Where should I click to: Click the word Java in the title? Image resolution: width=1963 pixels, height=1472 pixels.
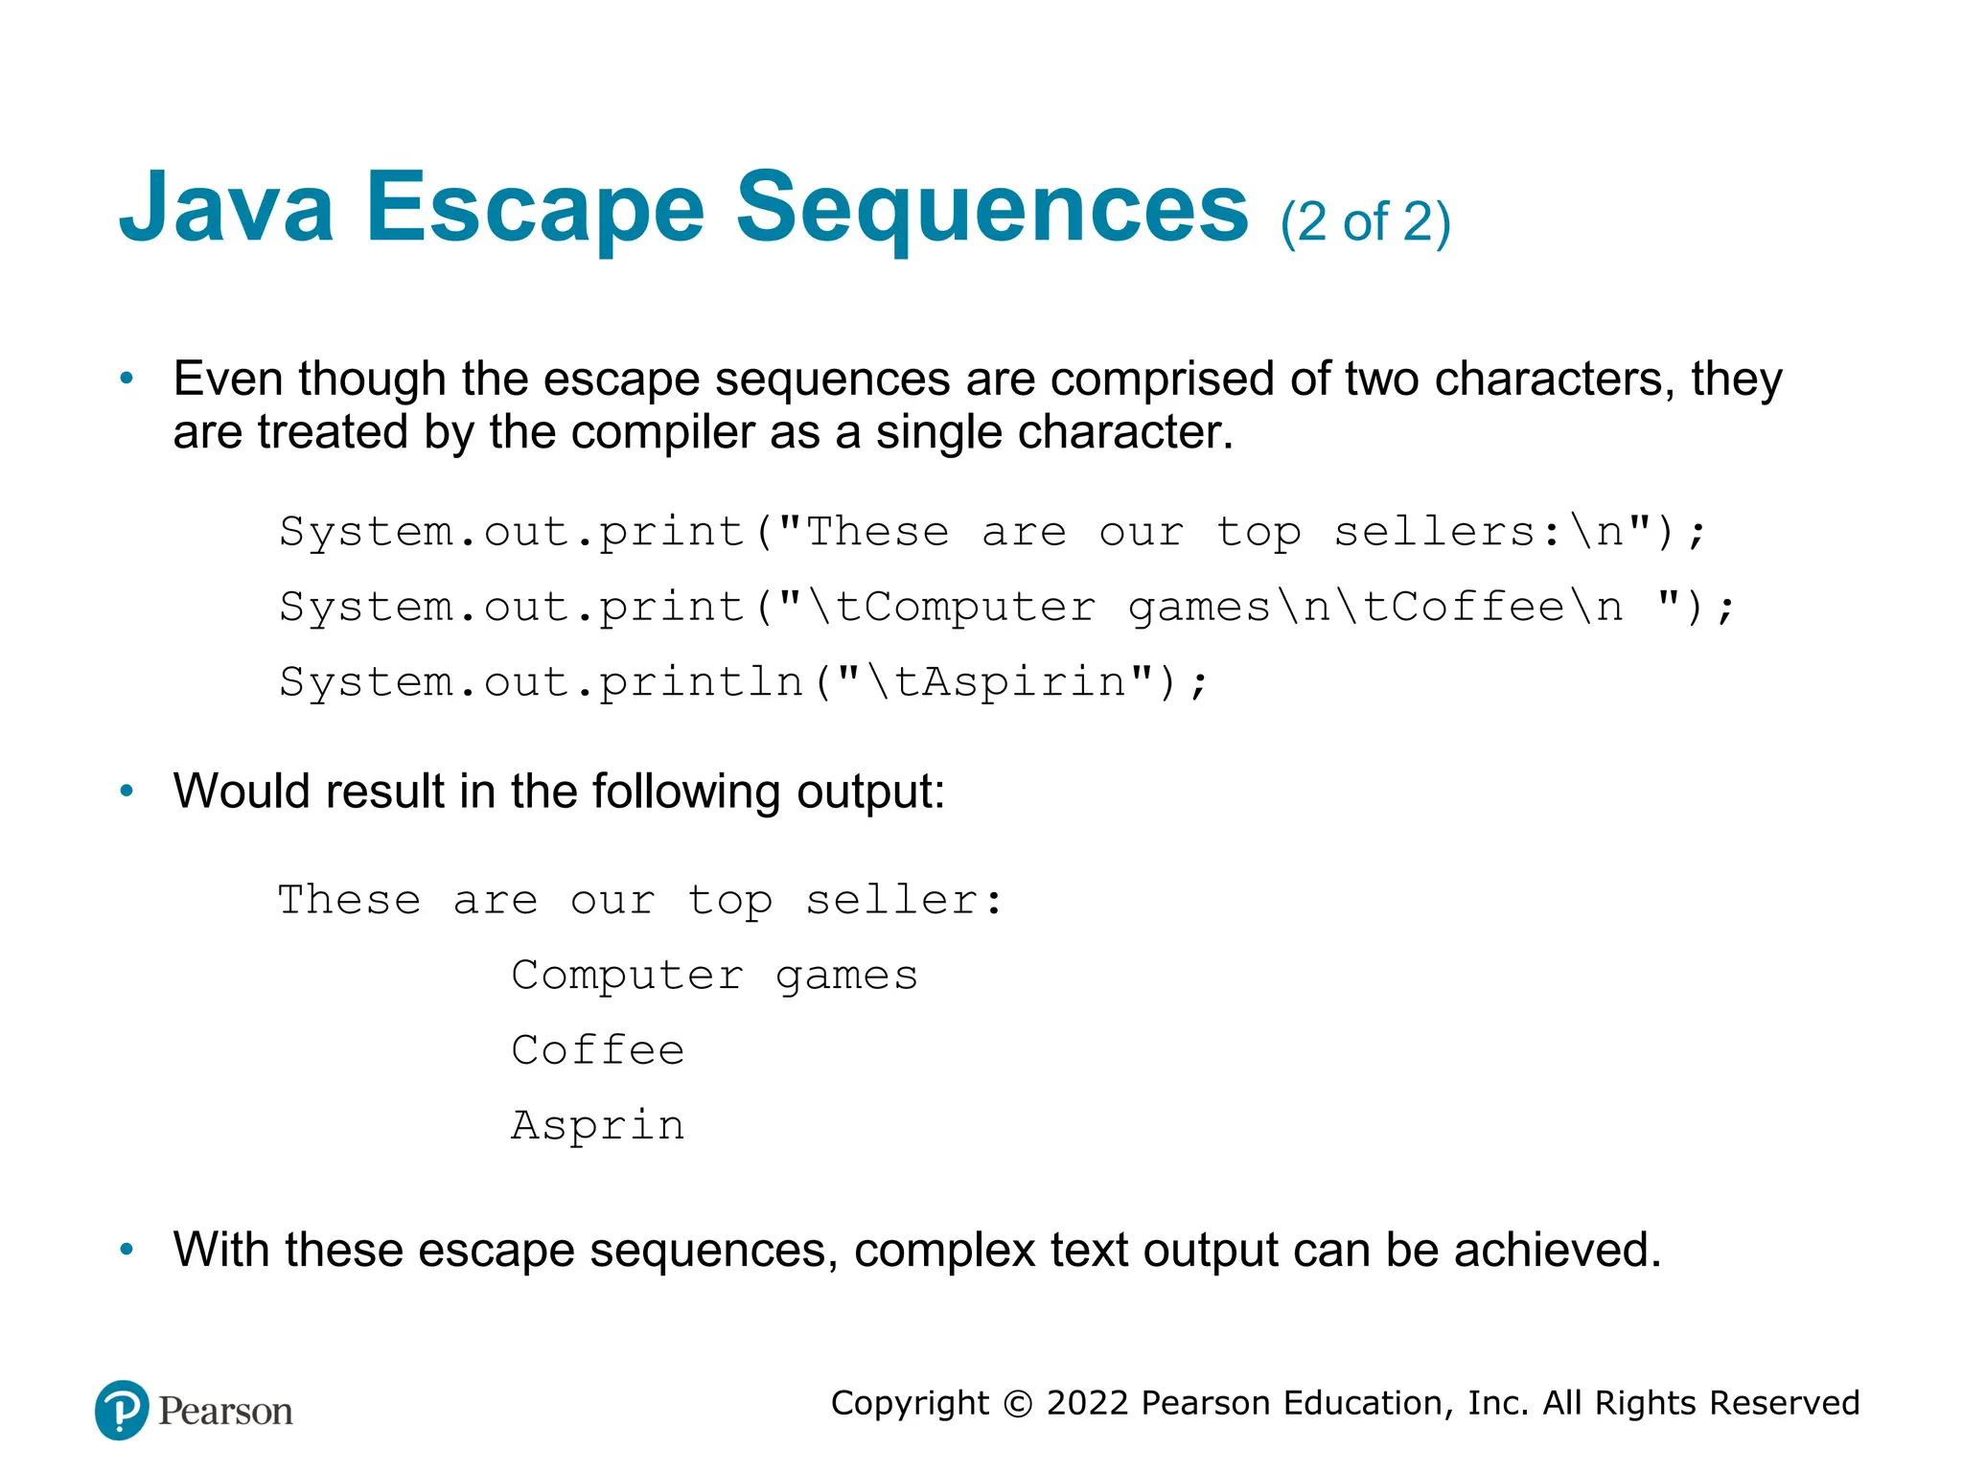click(x=226, y=208)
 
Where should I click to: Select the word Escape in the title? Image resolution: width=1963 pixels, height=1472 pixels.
click(x=535, y=208)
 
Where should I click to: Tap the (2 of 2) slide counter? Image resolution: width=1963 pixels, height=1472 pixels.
click(x=1365, y=222)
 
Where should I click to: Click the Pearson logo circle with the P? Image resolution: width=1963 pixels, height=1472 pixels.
click(x=122, y=1410)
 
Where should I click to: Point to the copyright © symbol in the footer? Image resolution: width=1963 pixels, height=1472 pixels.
click(x=1017, y=1404)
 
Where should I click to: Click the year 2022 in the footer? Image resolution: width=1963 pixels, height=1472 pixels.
click(x=1088, y=1403)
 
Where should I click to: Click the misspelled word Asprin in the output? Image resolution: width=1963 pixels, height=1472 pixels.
click(x=598, y=1126)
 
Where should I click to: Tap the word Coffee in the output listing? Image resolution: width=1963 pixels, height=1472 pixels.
click(x=598, y=1051)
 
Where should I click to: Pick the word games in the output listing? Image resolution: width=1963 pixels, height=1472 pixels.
click(x=846, y=977)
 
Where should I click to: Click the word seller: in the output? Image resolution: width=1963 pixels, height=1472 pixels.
click(x=904, y=901)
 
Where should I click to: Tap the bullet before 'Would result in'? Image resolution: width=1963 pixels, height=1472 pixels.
click(x=127, y=792)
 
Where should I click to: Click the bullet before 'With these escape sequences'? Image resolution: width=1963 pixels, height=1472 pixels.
click(x=127, y=1250)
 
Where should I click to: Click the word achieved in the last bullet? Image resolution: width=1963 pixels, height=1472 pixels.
click(x=1557, y=1250)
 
